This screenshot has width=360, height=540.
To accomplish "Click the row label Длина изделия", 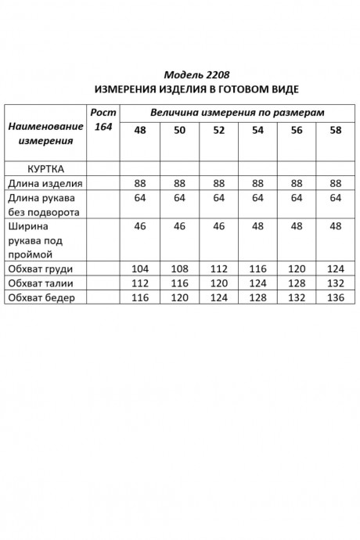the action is [45, 183].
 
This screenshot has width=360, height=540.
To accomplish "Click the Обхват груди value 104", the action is [140, 268].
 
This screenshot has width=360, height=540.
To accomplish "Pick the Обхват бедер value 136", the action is [336, 297].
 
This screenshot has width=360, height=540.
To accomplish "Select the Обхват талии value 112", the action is [140, 283].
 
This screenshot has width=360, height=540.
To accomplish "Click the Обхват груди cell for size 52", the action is [218, 268].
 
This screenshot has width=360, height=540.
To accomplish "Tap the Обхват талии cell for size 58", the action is [336, 283].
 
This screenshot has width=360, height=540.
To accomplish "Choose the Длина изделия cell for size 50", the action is [179, 183].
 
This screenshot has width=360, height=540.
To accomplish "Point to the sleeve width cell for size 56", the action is [297, 226].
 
